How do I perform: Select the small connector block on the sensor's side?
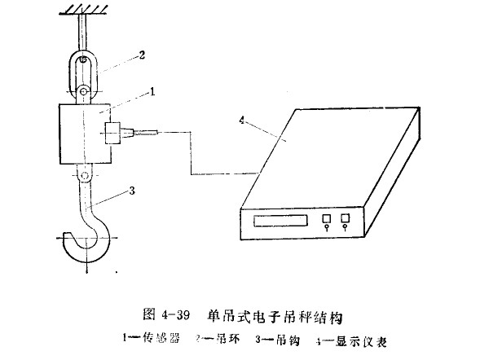[113, 132]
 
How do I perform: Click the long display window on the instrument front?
[280, 220]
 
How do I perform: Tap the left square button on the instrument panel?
[326, 219]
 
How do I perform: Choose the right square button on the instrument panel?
[346, 218]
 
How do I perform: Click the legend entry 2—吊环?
[220, 336]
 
